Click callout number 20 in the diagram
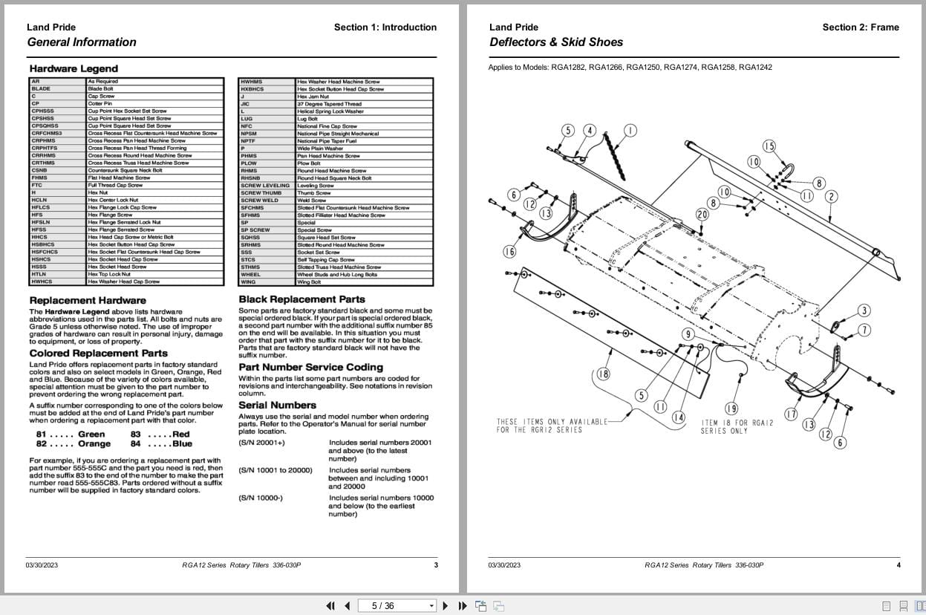(x=702, y=215)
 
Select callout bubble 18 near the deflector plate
(x=603, y=374)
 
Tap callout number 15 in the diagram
(x=769, y=146)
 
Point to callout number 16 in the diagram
(x=509, y=252)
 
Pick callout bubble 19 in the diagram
(x=731, y=408)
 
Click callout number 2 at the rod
(x=831, y=197)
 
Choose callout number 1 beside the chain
(x=630, y=131)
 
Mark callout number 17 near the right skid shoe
(x=791, y=414)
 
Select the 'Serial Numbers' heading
(x=277, y=405)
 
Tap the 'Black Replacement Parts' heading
(x=301, y=299)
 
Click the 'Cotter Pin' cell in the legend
(x=100, y=103)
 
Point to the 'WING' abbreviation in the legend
(x=248, y=282)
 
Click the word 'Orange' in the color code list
(x=94, y=443)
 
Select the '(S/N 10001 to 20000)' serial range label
(x=275, y=470)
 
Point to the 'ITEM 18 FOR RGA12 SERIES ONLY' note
(x=737, y=426)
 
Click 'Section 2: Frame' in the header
(x=860, y=27)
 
